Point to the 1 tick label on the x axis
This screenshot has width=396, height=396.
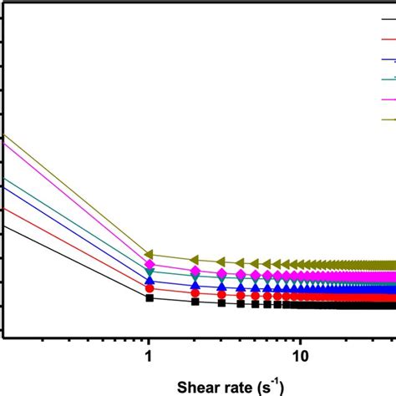tap(149, 355)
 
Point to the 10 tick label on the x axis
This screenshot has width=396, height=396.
tap(301, 355)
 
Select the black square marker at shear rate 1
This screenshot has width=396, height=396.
tap(150, 297)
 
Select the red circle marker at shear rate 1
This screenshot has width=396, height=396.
tap(150, 289)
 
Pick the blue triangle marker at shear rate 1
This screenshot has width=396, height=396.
tap(150, 281)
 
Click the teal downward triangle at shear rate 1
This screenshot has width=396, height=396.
tap(150, 272)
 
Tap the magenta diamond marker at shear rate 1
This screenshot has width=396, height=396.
tap(150, 266)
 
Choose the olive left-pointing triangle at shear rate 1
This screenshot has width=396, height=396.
tap(150, 254)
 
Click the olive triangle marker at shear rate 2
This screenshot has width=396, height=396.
tap(195, 259)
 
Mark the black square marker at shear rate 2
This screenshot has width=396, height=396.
tap(195, 302)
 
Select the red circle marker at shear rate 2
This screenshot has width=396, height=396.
tap(195, 293)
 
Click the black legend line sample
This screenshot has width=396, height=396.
tap(388, 18)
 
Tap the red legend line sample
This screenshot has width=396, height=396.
tap(388, 38)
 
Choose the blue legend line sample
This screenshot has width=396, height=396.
tap(388, 59)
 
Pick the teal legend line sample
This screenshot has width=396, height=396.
tap(388, 79)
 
